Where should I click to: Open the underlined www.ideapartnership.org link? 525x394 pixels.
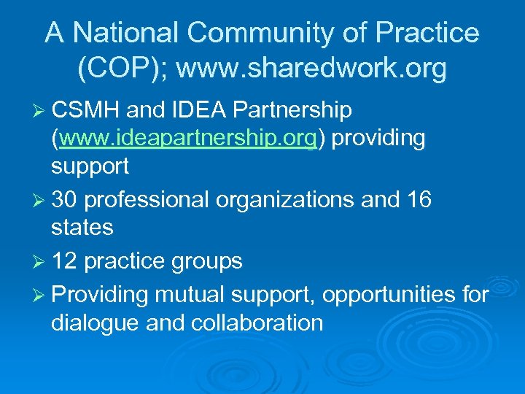pyautogui.click(x=188, y=138)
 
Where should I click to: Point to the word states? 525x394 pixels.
pyautogui.click(x=82, y=228)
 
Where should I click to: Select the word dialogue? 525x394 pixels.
pyautogui.click(x=95, y=322)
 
